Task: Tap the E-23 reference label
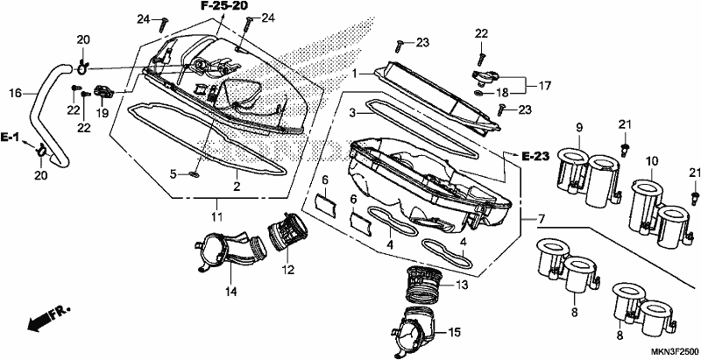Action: [x=535, y=156]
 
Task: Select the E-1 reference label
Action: [x=9, y=138]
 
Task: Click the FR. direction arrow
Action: [x=49, y=319]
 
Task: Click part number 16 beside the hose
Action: [x=15, y=94]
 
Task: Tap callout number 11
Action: [x=216, y=217]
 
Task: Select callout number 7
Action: [x=541, y=220]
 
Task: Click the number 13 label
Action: [x=462, y=285]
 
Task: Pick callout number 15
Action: [x=454, y=333]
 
